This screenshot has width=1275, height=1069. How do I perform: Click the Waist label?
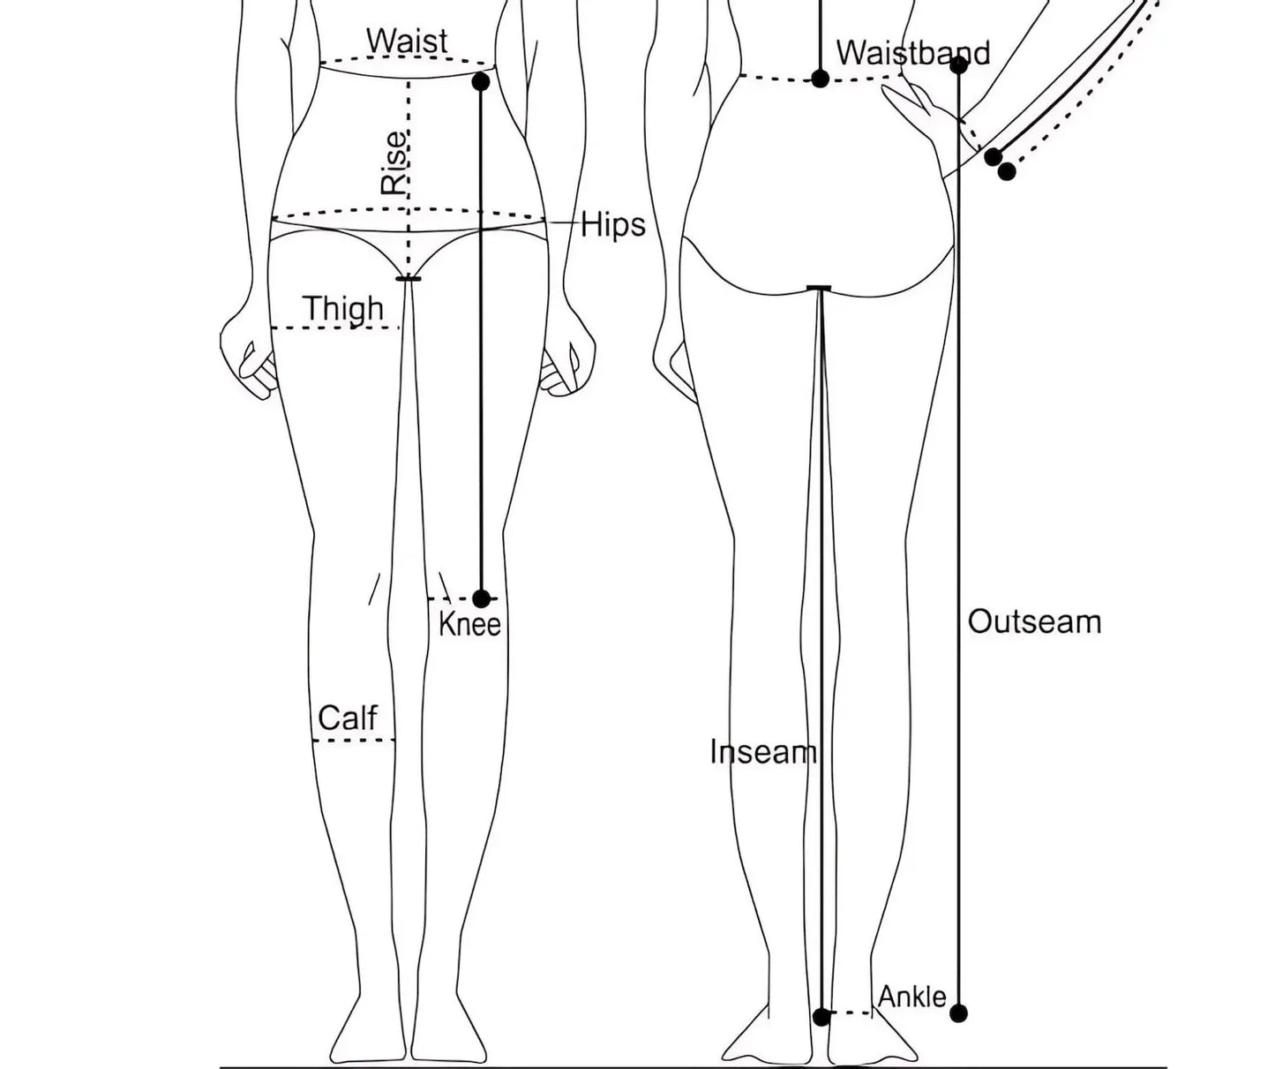point(407,41)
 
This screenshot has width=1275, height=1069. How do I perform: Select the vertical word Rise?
point(394,163)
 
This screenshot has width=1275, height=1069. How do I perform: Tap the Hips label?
point(613,225)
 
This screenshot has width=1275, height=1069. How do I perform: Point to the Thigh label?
point(344,308)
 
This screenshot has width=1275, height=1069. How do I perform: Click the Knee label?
point(469,625)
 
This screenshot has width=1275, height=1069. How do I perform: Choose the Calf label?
point(348,717)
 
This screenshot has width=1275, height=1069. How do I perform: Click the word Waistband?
point(913,53)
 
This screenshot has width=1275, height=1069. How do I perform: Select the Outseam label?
point(1034,621)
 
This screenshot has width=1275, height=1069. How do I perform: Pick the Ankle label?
point(912,997)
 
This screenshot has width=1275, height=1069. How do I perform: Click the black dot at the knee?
point(481,598)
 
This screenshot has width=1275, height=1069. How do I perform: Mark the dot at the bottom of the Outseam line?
point(959,1013)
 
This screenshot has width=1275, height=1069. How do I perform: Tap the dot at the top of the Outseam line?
point(959,64)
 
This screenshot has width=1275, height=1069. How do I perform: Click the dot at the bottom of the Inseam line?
point(821,1017)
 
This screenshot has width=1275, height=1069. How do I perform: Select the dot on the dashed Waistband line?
point(820,79)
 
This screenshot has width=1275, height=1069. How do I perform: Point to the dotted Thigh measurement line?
point(335,328)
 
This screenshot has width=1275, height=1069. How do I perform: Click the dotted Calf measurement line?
point(354,741)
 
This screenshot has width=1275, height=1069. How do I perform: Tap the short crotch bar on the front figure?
point(408,279)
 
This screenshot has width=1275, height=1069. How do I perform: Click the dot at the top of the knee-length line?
point(481,81)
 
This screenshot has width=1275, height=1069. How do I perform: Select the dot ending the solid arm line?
point(994,157)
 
